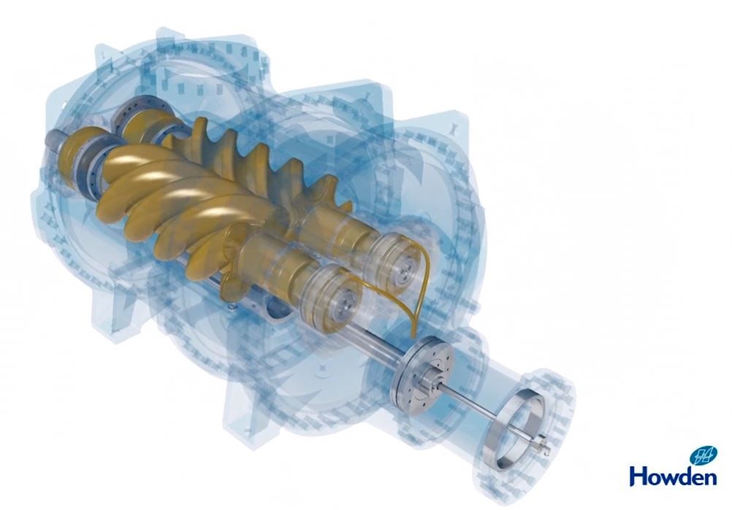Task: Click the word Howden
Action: pyautogui.click(x=673, y=476)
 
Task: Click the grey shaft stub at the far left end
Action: pyautogui.click(x=53, y=141)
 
